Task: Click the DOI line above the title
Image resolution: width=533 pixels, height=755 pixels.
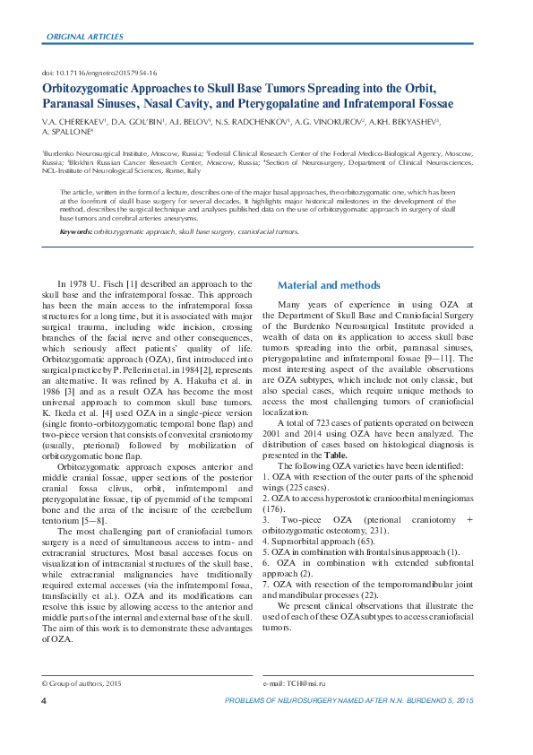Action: pos(99,72)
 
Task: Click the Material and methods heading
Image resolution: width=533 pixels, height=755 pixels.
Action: pos(329,285)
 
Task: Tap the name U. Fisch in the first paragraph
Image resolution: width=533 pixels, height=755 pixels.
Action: pos(114,282)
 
